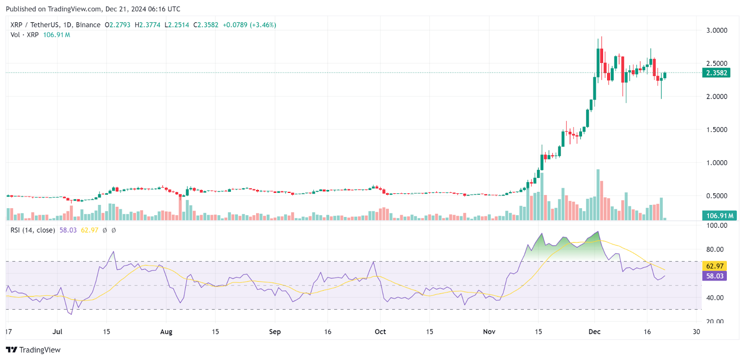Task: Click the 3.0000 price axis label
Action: pos(717,30)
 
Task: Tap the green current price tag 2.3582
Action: pos(716,73)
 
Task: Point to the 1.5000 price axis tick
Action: pos(717,130)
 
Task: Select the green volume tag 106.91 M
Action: pos(719,216)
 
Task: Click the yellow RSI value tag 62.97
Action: pos(715,266)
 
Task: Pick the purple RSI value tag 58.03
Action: pos(715,276)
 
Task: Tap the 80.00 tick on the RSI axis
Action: pos(715,250)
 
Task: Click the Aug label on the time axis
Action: pos(166,332)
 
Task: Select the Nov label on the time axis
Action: pos(489,332)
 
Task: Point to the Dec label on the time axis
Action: pos(595,332)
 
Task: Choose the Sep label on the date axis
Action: pos(275,332)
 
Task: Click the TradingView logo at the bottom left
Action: pos(34,350)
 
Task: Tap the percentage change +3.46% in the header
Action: pos(264,25)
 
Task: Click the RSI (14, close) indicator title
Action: pos(33,230)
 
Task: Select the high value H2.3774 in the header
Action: pos(148,25)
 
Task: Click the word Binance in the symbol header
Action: pos(88,25)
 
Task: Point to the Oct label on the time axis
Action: pos(380,332)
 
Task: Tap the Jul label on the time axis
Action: pos(57,332)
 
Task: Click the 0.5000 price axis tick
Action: pos(717,196)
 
